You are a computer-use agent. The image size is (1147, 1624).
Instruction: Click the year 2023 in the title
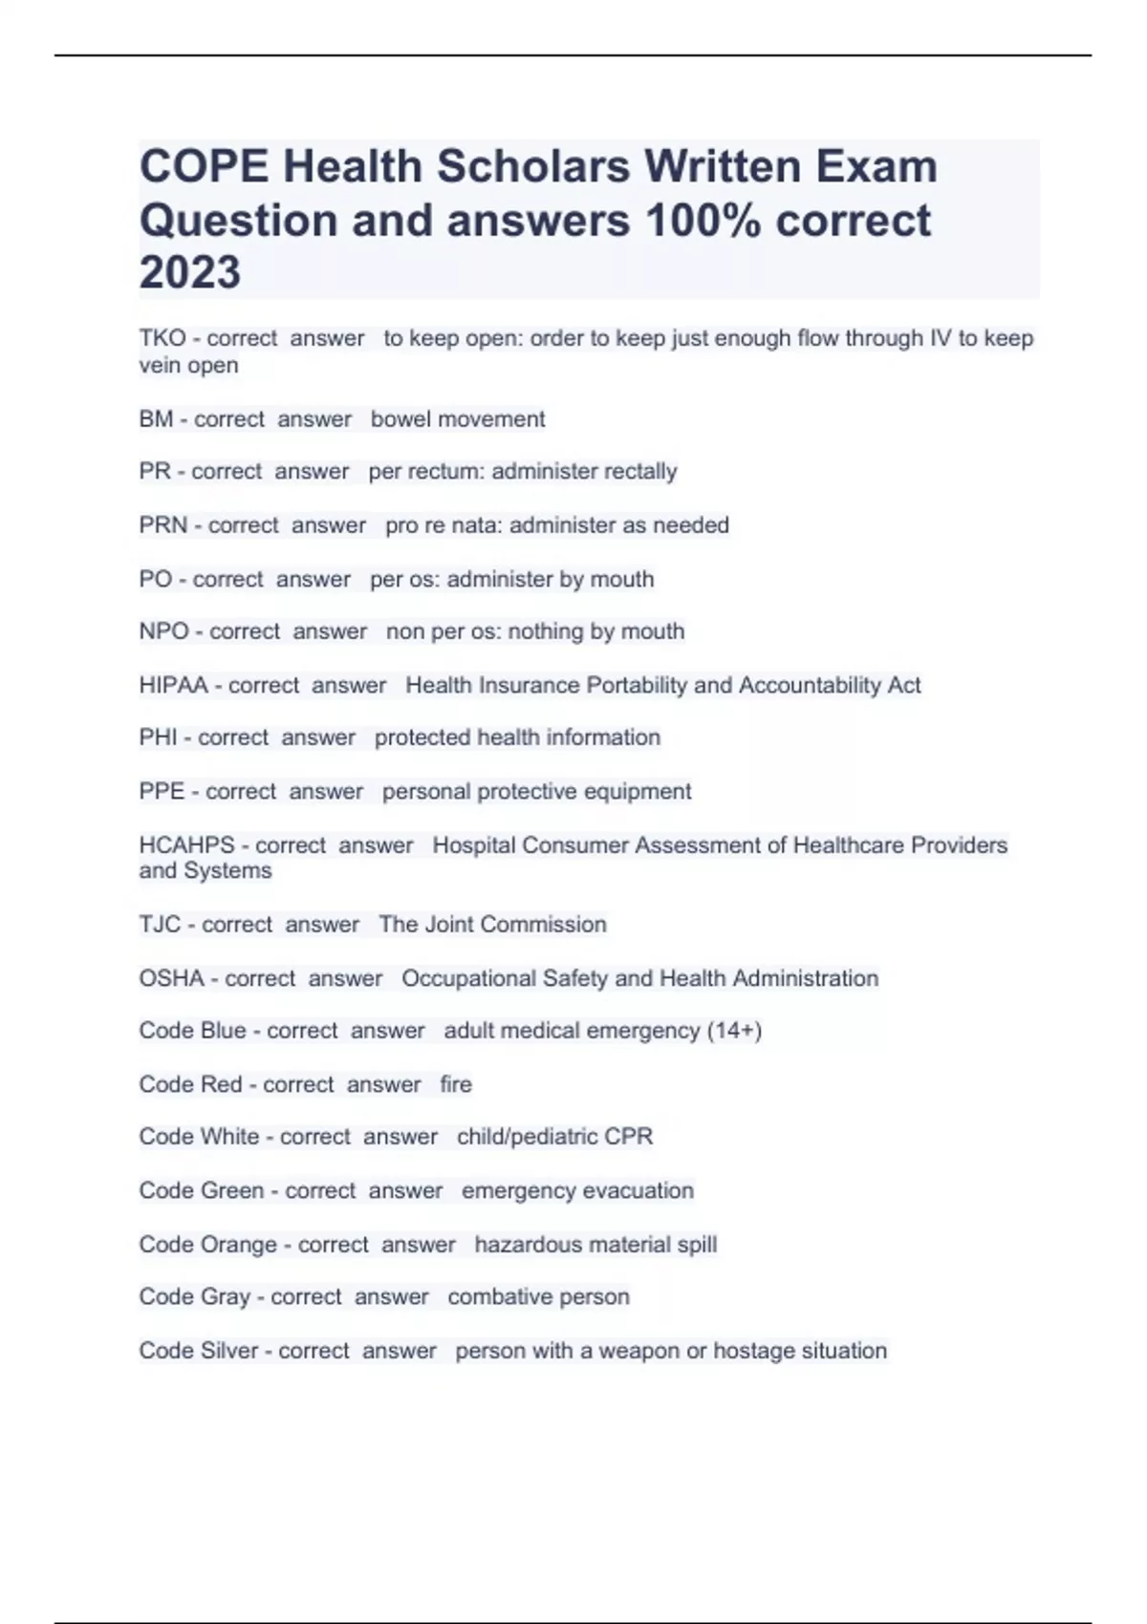coord(189,272)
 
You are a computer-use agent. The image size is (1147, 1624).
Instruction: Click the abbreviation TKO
coord(162,338)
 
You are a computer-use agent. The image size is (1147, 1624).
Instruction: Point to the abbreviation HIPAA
coord(173,685)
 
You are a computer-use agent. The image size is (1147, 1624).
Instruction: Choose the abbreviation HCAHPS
coord(186,845)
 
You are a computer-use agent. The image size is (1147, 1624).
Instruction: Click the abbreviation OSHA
coord(171,978)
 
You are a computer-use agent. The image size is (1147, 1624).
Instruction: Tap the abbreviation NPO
coord(163,631)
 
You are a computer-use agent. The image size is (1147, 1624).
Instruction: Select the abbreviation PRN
coord(162,525)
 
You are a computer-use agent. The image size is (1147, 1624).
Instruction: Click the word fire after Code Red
coord(456,1084)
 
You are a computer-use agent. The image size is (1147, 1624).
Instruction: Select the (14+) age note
coord(734,1031)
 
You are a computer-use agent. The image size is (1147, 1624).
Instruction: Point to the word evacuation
coord(638,1191)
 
